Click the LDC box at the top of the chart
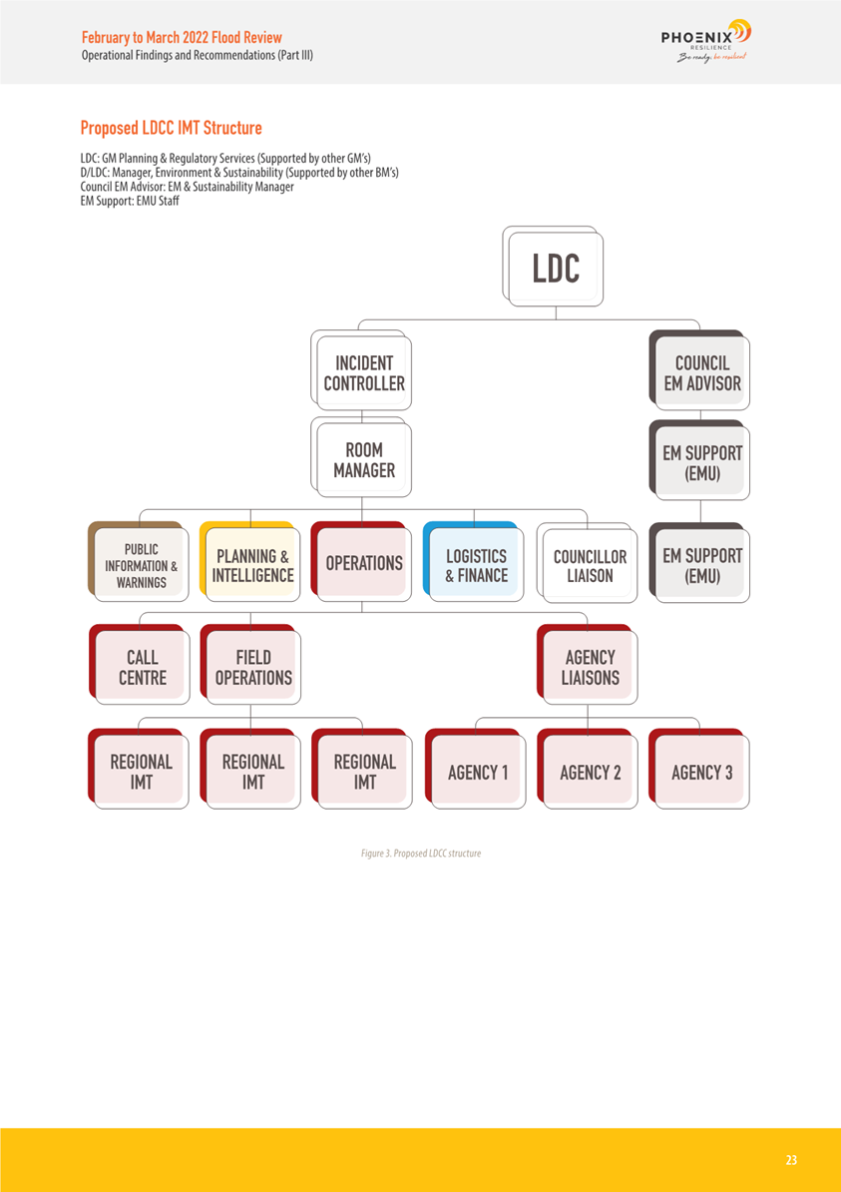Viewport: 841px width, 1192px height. click(555, 269)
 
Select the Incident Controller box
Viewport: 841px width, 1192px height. click(363, 373)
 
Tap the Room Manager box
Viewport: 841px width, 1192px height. click(363, 460)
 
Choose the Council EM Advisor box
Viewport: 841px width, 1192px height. click(701, 373)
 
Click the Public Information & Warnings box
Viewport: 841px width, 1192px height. click(141, 565)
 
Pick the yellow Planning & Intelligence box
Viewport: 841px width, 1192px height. click(252, 565)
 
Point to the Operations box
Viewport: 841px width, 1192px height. click(364, 564)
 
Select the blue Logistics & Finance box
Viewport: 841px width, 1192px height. click(476, 565)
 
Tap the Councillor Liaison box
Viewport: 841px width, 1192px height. click(590, 566)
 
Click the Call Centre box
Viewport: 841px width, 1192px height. click(141, 668)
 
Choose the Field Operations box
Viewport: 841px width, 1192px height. click(252, 668)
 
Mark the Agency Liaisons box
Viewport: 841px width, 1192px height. click(590, 668)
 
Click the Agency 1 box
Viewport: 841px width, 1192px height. click(477, 772)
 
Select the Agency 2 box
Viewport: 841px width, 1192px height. click(590, 772)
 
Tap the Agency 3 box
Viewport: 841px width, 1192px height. click(701, 772)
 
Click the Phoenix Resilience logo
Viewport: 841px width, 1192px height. click(705, 41)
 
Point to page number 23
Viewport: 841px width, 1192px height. click(791, 1160)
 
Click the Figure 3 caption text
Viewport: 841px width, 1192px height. click(420, 854)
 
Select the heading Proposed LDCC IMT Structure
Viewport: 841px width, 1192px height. click(171, 129)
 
